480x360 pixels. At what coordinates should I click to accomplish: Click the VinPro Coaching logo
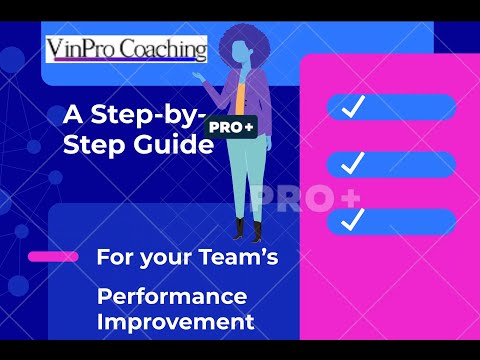point(127,49)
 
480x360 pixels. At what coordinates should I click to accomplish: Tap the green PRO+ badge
point(230,127)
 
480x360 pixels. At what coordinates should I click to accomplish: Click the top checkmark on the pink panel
point(352,107)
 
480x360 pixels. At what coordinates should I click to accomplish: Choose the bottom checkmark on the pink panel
point(352,218)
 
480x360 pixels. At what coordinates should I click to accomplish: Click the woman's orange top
point(241,95)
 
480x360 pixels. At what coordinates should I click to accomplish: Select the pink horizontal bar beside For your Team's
point(53,257)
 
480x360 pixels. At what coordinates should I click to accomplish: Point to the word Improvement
point(176,322)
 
